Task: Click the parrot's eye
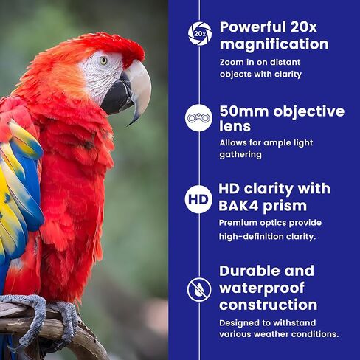pyautogui.click(x=103, y=60)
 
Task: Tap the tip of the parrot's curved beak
pyautogui.click(x=128, y=125)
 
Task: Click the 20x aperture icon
pyautogui.click(x=199, y=34)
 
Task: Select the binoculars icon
pyautogui.click(x=198, y=118)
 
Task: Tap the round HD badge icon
pyautogui.click(x=198, y=199)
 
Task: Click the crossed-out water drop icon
pyautogui.click(x=199, y=290)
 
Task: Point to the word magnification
pyautogui.click(x=274, y=44)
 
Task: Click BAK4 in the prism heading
pyautogui.click(x=238, y=205)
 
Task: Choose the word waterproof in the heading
pyautogui.click(x=262, y=288)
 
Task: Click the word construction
pyautogui.click(x=268, y=305)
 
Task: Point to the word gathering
pyautogui.click(x=240, y=155)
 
